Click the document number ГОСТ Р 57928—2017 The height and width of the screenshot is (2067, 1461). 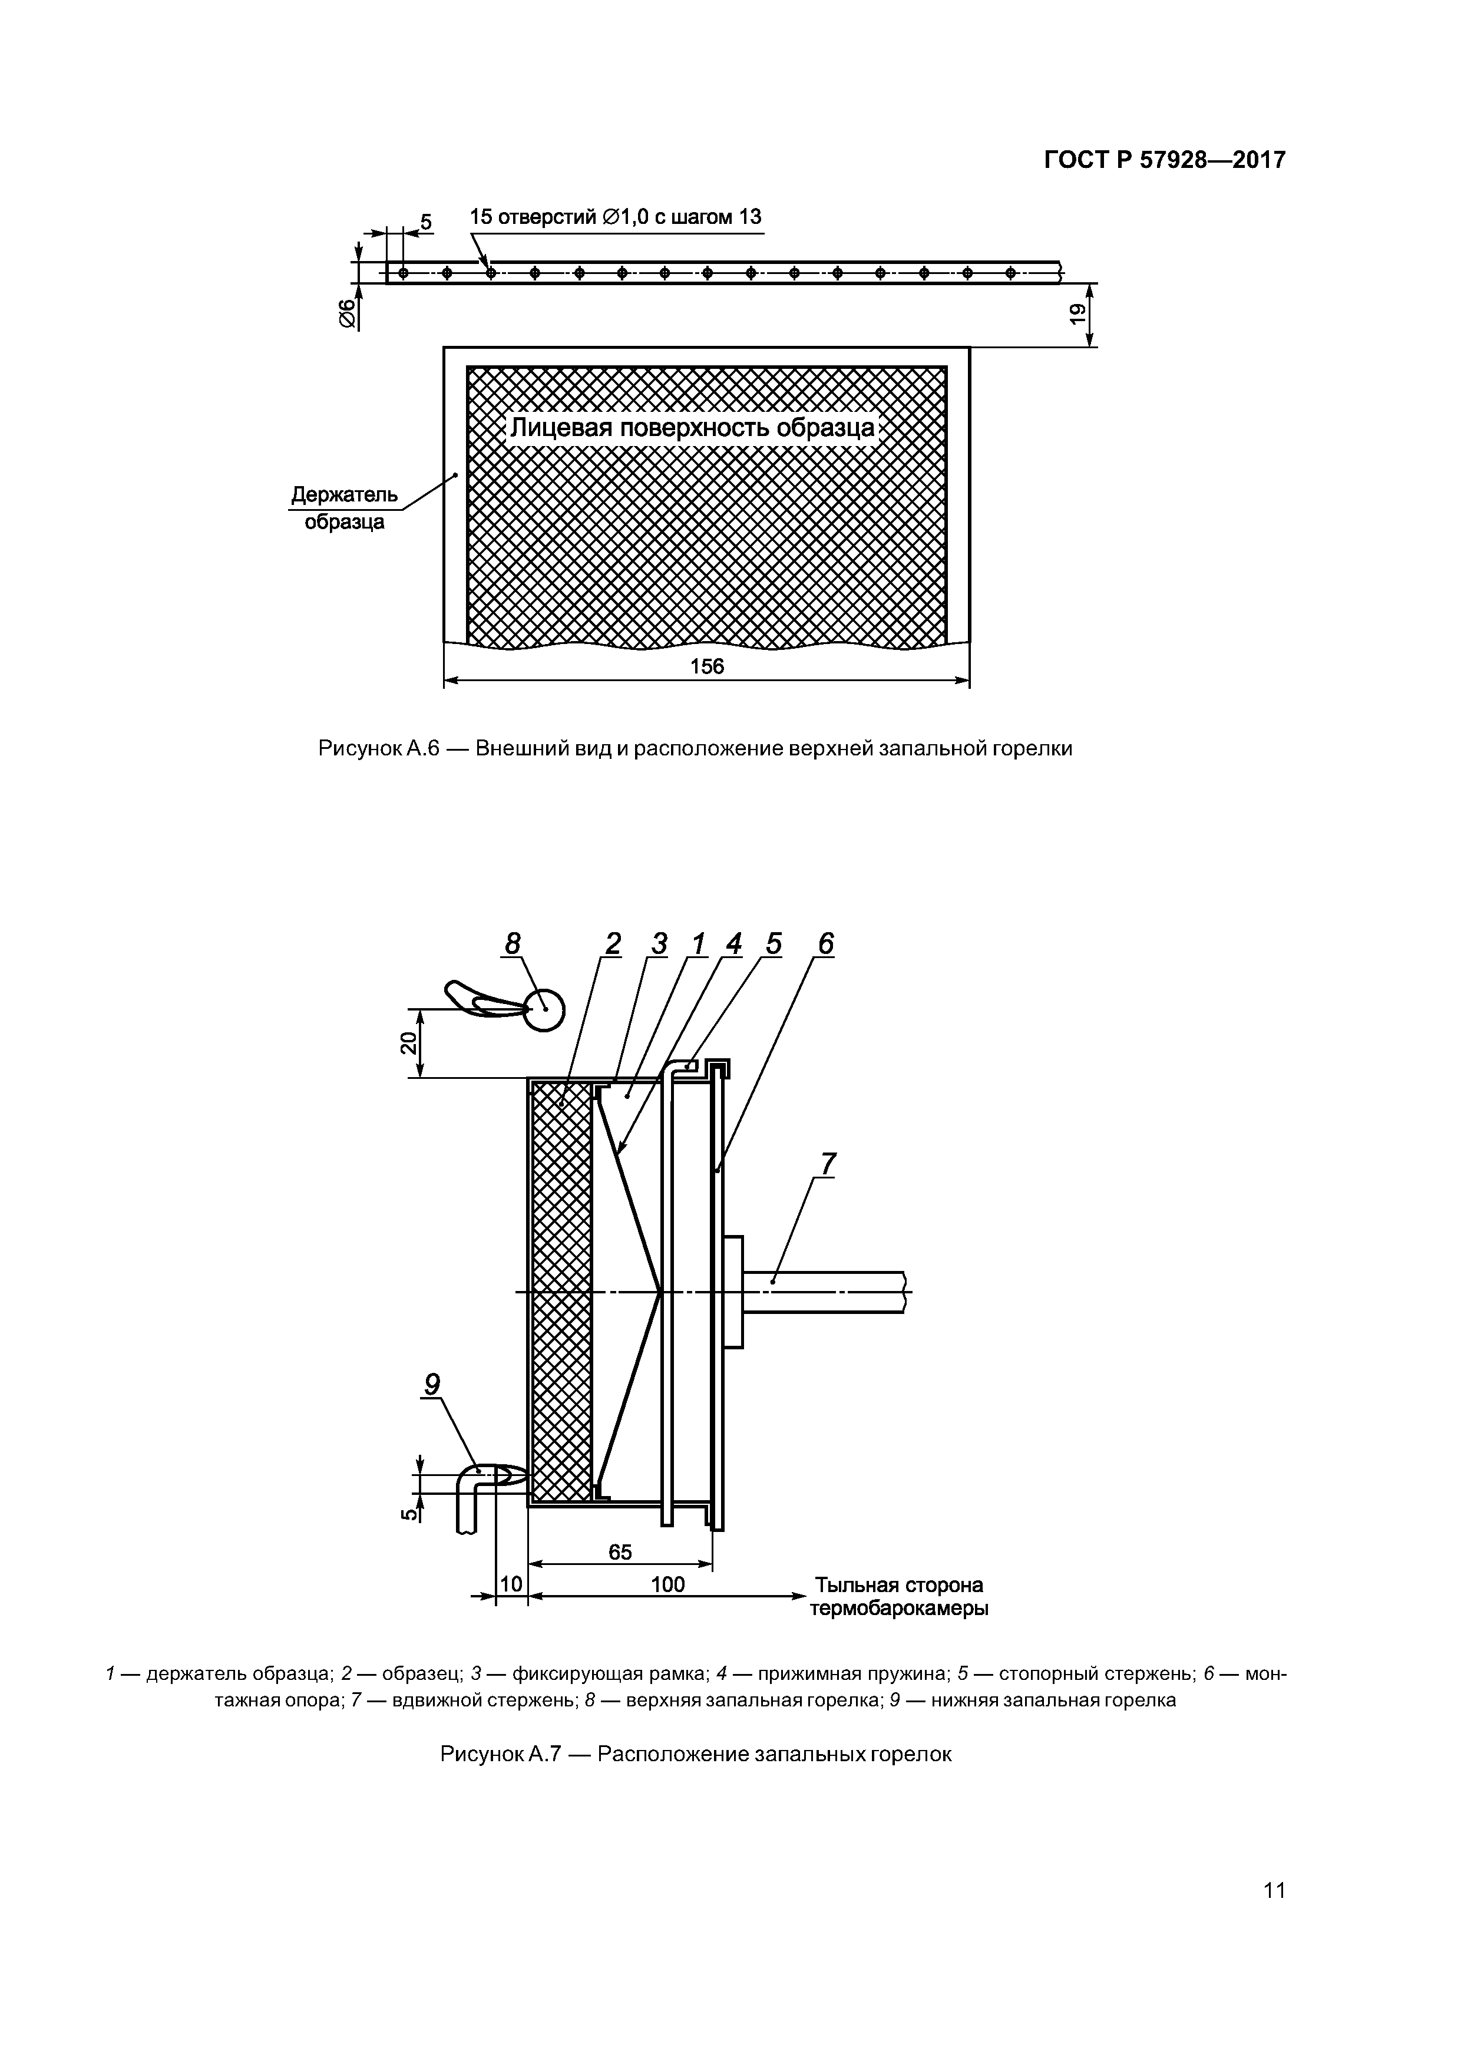(1164, 160)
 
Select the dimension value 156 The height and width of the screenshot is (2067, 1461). (707, 666)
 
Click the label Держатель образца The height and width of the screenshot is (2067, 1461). (344, 509)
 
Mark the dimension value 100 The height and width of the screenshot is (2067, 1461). (667, 1584)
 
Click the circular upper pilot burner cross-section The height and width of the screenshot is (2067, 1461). (544, 1009)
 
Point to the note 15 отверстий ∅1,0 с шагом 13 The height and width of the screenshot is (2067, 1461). (616, 217)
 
